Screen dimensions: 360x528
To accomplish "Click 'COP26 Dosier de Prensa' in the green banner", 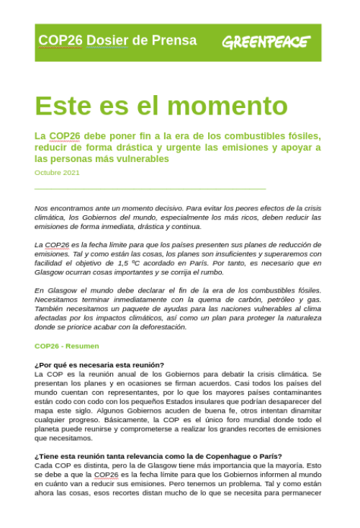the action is click(117, 40).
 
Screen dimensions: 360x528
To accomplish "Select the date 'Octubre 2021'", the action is click(57, 173).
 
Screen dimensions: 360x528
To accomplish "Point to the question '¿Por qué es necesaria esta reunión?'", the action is click(99, 364).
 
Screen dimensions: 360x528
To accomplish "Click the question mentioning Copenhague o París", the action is click(158, 456).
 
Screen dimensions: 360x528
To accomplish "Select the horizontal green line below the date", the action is click(150, 189).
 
